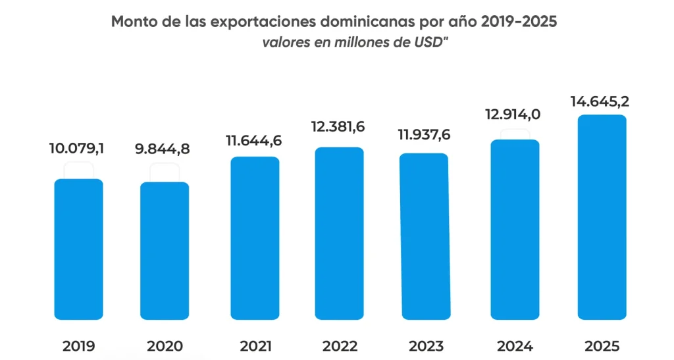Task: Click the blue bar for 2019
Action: [x=78, y=249]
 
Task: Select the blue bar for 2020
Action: [x=165, y=251]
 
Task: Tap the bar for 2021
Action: [x=255, y=238]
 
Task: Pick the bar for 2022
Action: [x=339, y=233]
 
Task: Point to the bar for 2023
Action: [x=425, y=236]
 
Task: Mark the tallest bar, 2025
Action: [x=602, y=217]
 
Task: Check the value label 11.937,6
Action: [x=425, y=136]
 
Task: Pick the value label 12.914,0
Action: [x=513, y=115]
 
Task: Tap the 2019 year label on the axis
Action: [x=78, y=346]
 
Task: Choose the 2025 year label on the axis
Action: [x=602, y=346]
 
